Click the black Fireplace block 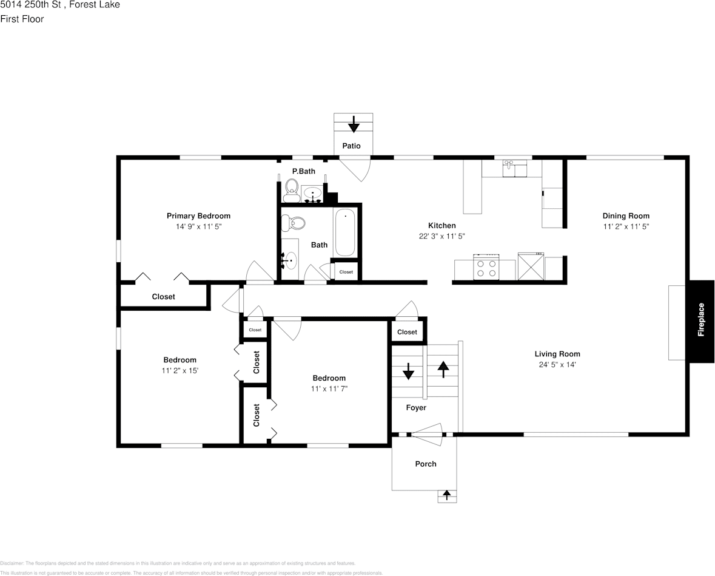pos(701,321)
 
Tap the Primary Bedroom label pos(198,216)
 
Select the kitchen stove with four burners pos(486,268)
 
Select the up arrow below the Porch pos(447,495)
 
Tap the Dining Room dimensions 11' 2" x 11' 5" pos(625,226)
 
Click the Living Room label pos(557,354)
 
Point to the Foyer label pos(416,408)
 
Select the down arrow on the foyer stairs pos(408,370)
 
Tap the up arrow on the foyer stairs pos(443,368)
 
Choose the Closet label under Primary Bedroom pos(163,297)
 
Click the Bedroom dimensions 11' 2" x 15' pos(180,370)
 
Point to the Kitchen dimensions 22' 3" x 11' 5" pos(441,237)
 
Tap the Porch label pos(425,464)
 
